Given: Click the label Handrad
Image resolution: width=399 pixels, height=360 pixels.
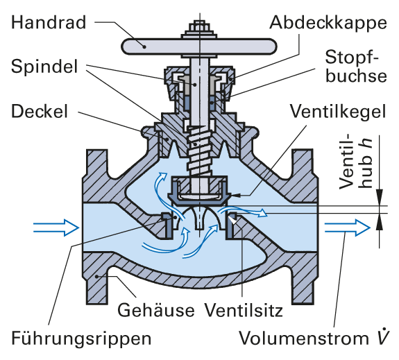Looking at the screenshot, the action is (x=49, y=22).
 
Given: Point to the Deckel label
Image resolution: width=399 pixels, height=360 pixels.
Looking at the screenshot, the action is (x=40, y=111).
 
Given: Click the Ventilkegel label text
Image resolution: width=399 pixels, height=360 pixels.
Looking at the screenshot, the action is (x=338, y=112).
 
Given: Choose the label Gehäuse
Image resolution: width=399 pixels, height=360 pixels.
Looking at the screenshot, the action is (x=155, y=309).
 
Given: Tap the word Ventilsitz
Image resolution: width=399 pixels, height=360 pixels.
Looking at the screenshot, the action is (x=244, y=310).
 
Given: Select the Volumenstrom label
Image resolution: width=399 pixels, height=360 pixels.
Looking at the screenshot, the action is (x=314, y=338).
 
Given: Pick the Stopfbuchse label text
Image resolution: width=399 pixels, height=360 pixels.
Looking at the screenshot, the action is (x=356, y=67).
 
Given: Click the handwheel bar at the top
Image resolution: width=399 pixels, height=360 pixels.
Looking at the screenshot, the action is (x=198, y=46).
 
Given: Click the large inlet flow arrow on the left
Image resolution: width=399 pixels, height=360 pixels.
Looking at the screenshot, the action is (x=56, y=228).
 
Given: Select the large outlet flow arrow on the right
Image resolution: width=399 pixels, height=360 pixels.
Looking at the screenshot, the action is (x=348, y=228).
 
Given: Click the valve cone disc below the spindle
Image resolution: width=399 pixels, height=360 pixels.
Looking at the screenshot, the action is (x=200, y=191).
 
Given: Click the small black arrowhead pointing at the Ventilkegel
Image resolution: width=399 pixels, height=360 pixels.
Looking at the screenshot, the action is (x=235, y=195).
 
